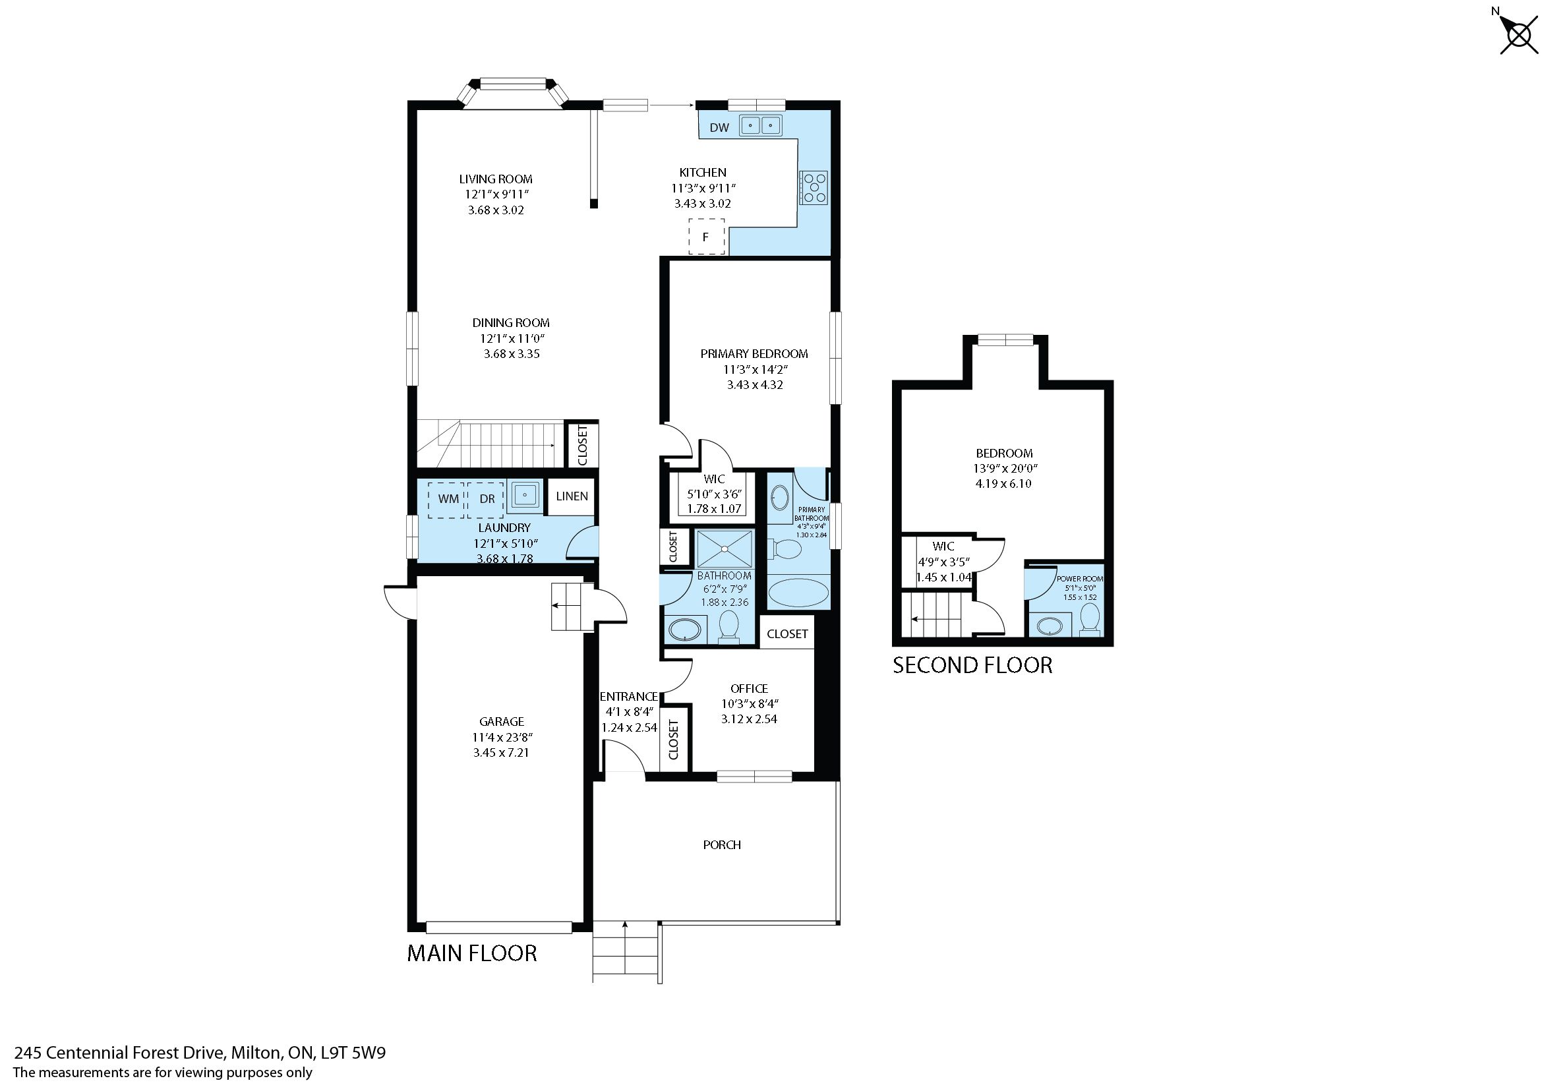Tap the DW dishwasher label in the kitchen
pyautogui.click(x=719, y=128)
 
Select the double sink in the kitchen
pyautogui.click(x=761, y=125)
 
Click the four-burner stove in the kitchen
pyautogui.click(x=814, y=187)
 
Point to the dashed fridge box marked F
pyautogui.click(x=707, y=237)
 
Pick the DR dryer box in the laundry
pyautogui.click(x=486, y=500)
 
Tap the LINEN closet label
pyautogui.click(x=572, y=496)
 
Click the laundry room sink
pyautogui.click(x=525, y=496)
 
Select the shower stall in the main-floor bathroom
pyautogui.click(x=725, y=549)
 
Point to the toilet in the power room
pyautogui.click(x=1090, y=619)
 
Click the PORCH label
pyautogui.click(x=723, y=845)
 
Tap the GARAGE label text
pyautogui.click(x=501, y=722)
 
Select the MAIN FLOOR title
pyautogui.click(x=472, y=953)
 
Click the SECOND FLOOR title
pyautogui.click(x=972, y=665)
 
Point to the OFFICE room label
pyautogui.click(x=749, y=689)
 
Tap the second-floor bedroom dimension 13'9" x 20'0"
pyautogui.click(x=1004, y=469)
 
